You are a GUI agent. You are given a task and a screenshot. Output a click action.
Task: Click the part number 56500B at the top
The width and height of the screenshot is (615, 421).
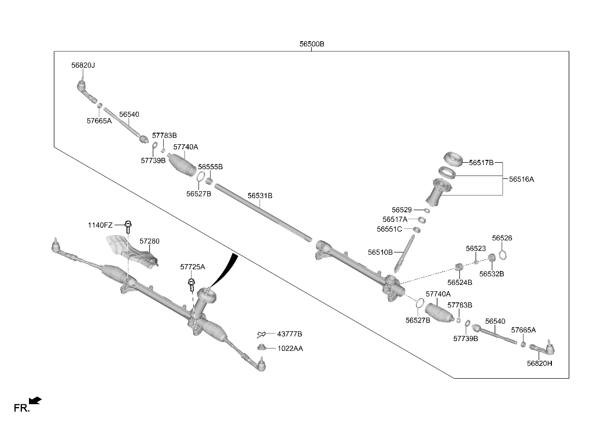312,44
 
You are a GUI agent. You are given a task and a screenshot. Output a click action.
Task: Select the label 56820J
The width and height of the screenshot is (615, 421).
83,65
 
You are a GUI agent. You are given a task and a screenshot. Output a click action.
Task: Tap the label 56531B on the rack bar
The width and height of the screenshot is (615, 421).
260,196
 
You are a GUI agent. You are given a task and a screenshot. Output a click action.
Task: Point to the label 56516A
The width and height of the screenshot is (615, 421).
521,179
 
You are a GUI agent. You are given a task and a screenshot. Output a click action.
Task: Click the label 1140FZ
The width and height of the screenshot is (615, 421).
100,225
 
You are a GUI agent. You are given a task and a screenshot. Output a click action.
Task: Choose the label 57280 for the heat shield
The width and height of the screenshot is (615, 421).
149,241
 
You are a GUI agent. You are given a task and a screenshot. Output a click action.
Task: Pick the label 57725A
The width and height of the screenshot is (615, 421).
193,266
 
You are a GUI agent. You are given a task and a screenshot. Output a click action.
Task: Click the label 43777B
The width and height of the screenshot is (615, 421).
289,334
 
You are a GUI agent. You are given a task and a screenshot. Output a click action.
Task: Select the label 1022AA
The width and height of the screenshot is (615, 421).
290,349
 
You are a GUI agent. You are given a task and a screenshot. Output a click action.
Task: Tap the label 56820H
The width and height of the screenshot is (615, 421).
539,363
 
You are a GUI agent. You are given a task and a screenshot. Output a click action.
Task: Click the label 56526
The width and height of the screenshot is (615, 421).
502,238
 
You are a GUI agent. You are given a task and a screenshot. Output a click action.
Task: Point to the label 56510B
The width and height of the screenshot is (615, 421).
380,252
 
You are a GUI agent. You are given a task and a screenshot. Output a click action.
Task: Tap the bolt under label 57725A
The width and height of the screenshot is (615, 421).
192,285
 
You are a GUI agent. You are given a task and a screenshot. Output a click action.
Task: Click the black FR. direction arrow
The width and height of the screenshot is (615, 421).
36,401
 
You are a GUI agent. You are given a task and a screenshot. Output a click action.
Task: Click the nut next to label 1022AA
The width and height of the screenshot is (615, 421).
261,347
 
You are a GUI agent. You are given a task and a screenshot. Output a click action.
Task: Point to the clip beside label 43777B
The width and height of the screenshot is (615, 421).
262,334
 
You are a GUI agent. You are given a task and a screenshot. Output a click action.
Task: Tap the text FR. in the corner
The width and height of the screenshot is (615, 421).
21,408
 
